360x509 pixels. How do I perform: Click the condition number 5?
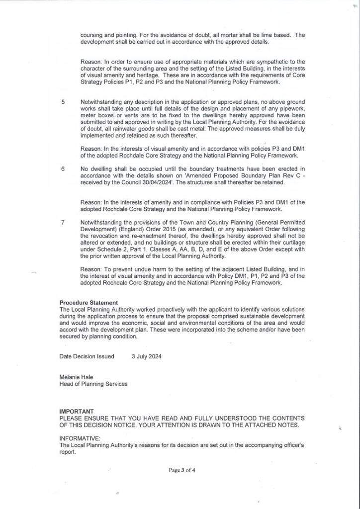point(63,102)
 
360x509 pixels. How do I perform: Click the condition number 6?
point(63,169)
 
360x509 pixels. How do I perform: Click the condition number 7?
point(63,222)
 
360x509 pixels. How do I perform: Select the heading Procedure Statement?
point(89,303)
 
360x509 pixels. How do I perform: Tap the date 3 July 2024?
point(147,356)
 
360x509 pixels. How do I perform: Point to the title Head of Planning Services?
point(93,384)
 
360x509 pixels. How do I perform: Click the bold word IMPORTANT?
point(77,412)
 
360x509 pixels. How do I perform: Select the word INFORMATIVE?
point(80,438)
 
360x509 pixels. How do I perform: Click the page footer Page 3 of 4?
point(181,470)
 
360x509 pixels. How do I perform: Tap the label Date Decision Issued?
point(87,356)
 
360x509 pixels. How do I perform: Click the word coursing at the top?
point(92,35)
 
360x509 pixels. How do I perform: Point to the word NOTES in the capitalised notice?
point(288,425)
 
